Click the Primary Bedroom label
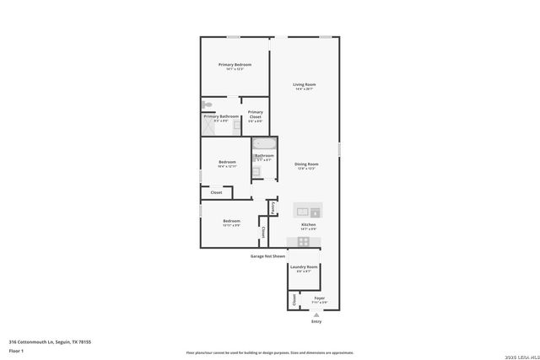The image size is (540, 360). click(x=235, y=65)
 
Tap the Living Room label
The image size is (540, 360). click(x=304, y=85)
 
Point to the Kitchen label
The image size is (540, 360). click(x=309, y=224)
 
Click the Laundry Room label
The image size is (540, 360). click(x=304, y=266)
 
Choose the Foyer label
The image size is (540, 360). click(x=319, y=298)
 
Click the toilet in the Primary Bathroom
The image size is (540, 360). click(x=206, y=105)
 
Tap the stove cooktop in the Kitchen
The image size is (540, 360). click(x=304, y=241)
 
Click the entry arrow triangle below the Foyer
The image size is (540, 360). click(x=316, y=314)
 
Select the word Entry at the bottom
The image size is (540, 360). click(x=316, y=321)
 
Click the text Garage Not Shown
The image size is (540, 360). click(x=267, y=255)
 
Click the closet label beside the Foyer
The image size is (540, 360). click(x=294, y=299)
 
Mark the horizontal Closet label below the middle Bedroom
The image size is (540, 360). click(x=216, y=192)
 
